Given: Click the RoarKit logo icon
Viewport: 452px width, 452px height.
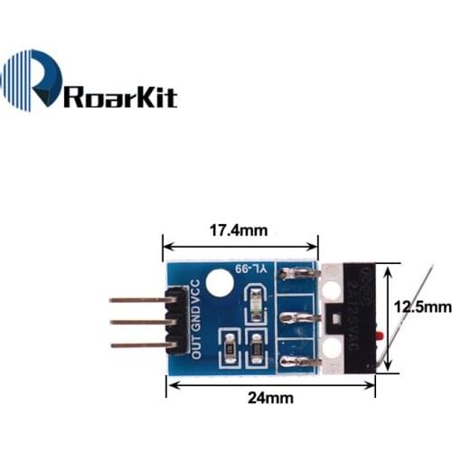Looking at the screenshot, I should (x=32, y=81).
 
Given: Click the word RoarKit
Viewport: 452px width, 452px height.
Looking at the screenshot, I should (x=120, y=96).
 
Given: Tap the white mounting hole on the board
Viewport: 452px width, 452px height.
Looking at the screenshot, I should (x=218, y=283).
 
